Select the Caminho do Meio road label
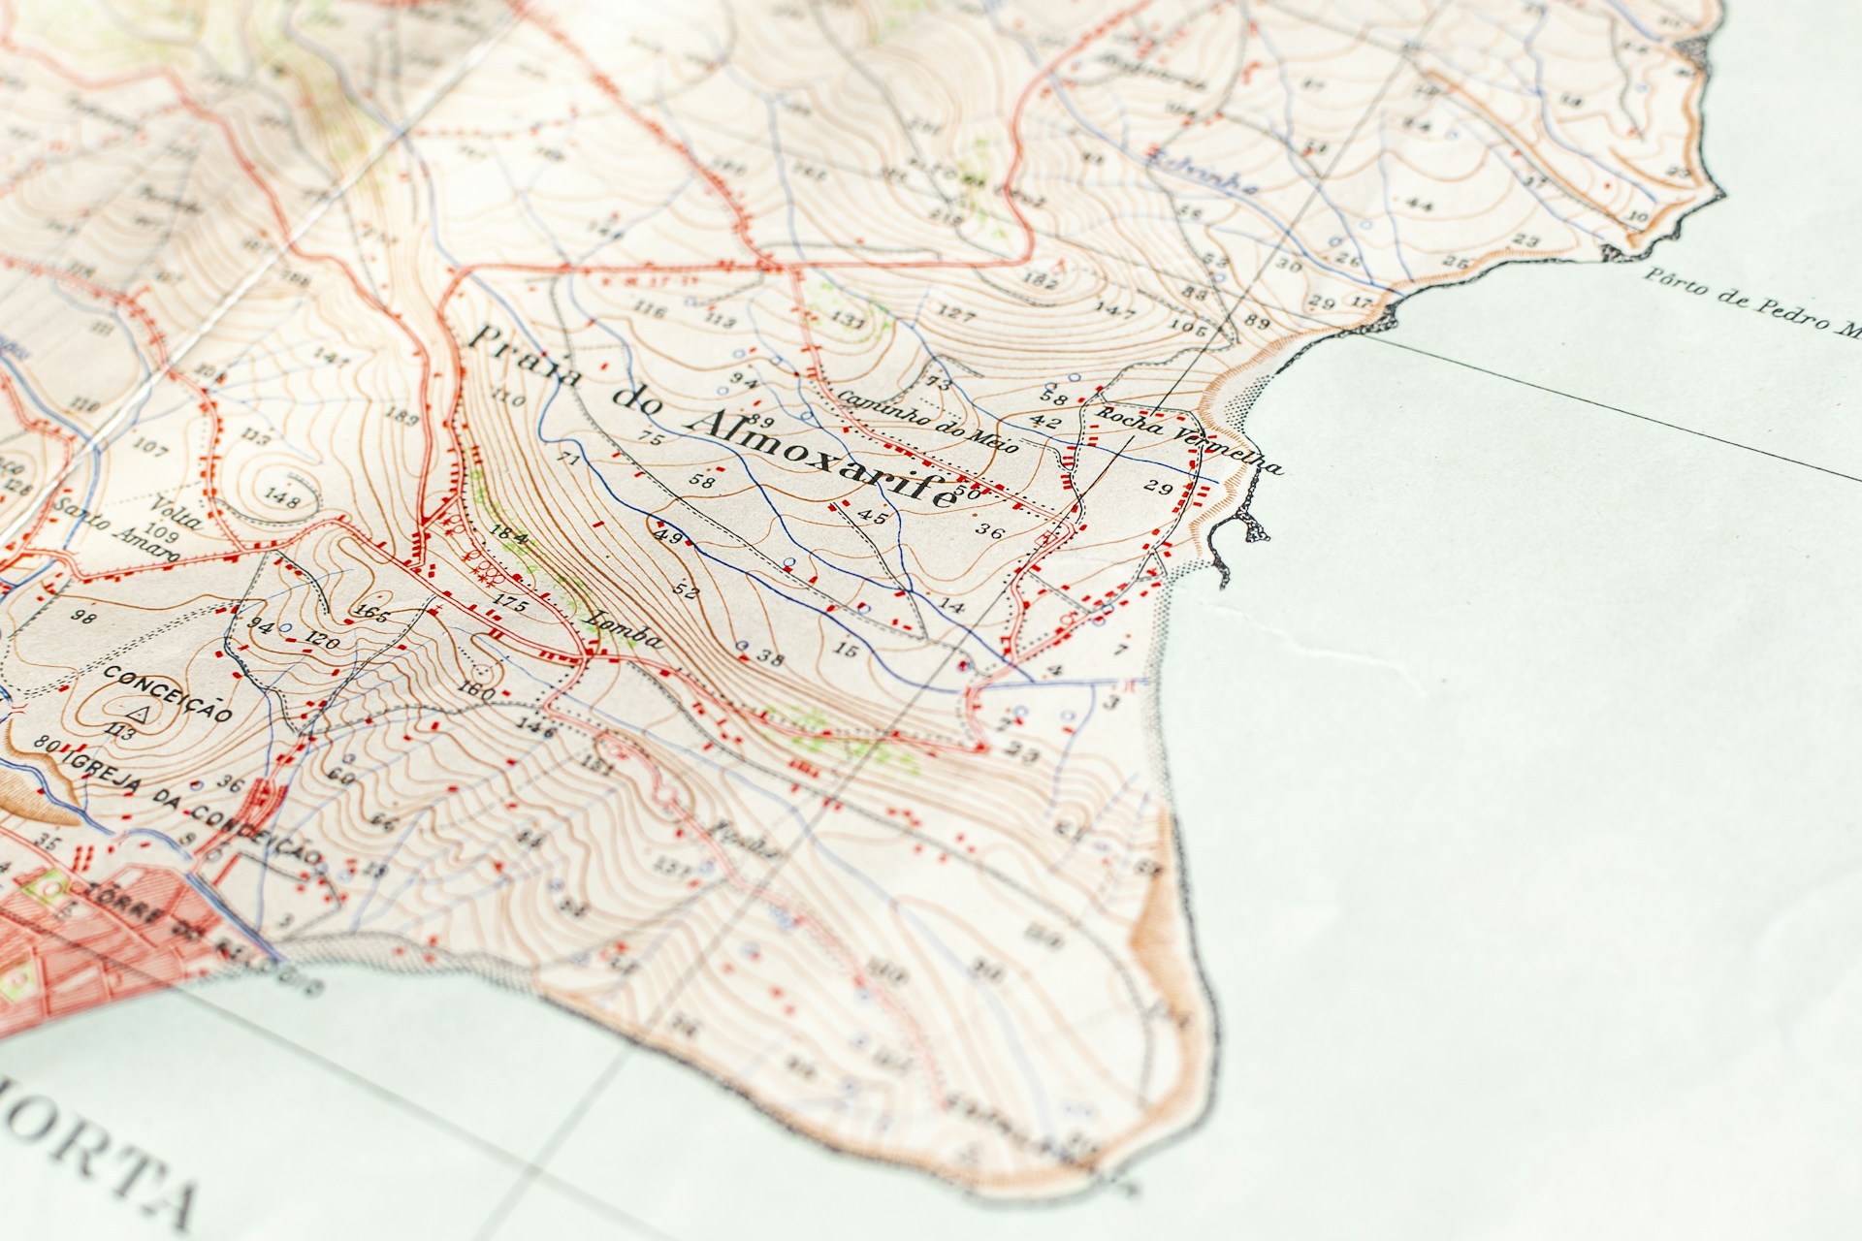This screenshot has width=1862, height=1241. point(926,422)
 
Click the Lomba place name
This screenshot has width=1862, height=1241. point(626,630)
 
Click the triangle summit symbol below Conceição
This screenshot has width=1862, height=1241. point(140,715)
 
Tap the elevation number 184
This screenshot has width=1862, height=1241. point(508,537)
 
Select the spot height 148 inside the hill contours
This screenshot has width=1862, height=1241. point(281,499)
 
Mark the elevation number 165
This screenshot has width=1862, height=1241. point(372,612)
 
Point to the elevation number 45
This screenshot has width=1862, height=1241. point(873,518)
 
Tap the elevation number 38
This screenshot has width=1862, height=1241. point(769,659)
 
